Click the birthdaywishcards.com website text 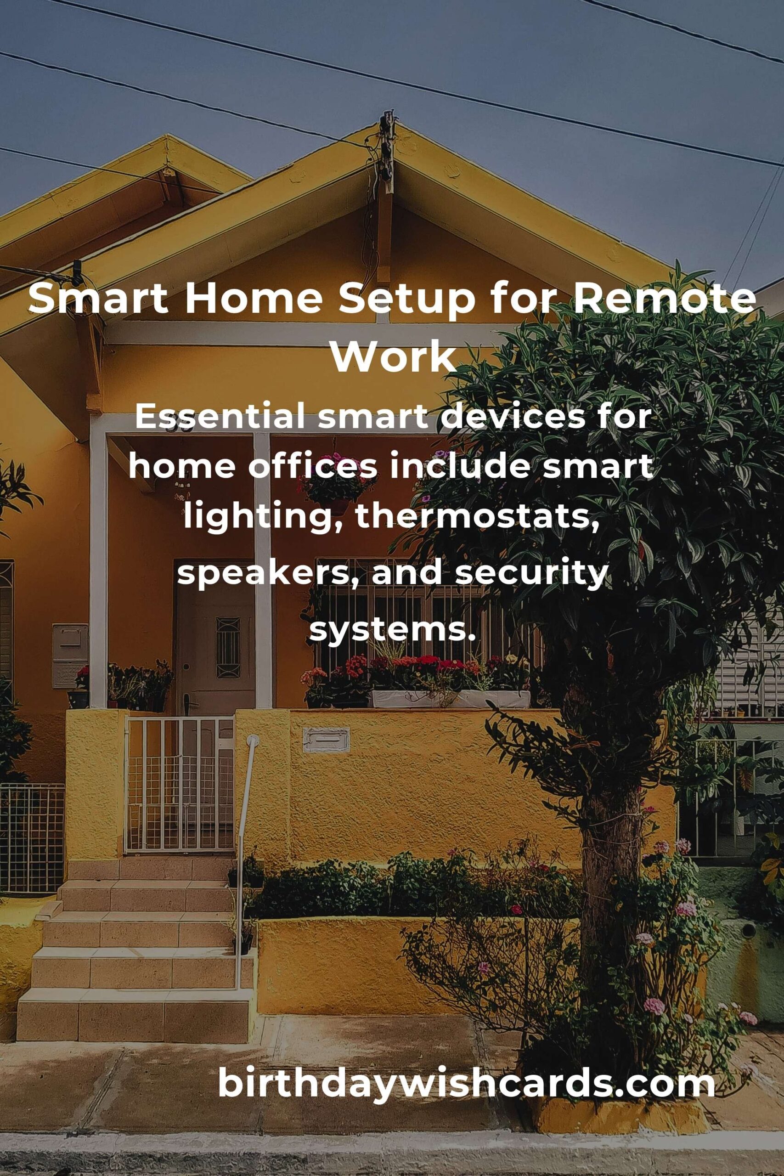click(467, 1084)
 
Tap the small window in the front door click(228, 648)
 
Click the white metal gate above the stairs click(179, 784)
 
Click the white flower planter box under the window click(450, 699)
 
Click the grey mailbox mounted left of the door click(69, 656)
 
